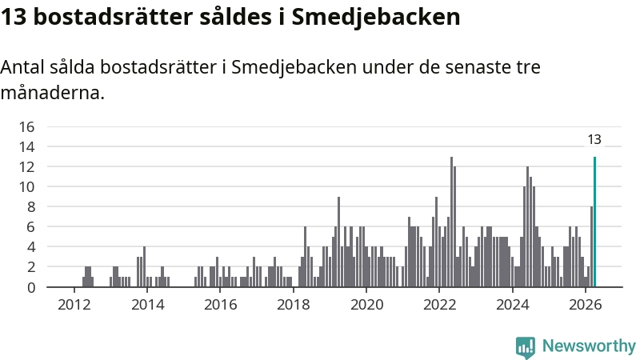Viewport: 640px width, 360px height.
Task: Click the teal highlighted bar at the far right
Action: pyautogui.click(x=594, y=222)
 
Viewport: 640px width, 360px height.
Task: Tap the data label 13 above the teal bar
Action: pyautogui.click(x=594, y=139)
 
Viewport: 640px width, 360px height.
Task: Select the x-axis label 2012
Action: pyautogui.click(x=74, y=305)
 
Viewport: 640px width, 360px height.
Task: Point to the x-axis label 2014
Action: pyautogui.click(x=147, y=305)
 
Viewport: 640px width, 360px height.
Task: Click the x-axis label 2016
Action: pyautogui.click(x=221, y=305)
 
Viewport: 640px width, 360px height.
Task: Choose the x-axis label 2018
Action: pyautogui.click(x=293, y=305)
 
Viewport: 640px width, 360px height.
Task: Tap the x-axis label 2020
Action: pyautogui.click(x=366, y=305)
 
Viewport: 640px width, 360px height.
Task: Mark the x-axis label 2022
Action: pyautogui.click(x=439, y=305)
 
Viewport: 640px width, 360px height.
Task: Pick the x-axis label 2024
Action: pyautogui.click(x=512, y=305)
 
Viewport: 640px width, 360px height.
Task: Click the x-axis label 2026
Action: pyautogui.click(x=586, y=305)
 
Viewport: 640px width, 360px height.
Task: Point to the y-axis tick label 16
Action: pyautogui.click(x=27, y=126)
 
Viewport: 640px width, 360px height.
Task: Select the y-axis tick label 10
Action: pyautogui.click(x=27, y=187)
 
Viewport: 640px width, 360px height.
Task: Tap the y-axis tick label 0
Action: pyautogui.click(x=31, y=288)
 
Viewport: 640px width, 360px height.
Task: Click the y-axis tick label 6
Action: pyautogui.click(x=31, y=227)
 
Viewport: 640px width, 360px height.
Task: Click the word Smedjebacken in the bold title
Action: pyautogui.click(x=375, y=18)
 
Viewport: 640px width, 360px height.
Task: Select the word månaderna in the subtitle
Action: pyautogui.click(x=53, y=93)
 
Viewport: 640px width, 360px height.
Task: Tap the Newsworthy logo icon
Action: pyautogui.click(x=526, y=347)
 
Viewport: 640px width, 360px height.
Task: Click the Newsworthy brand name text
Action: pyautogui.click(x=589, y=346)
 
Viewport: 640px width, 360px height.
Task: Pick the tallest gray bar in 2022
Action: pyautogui.click(x=451, y=222)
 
